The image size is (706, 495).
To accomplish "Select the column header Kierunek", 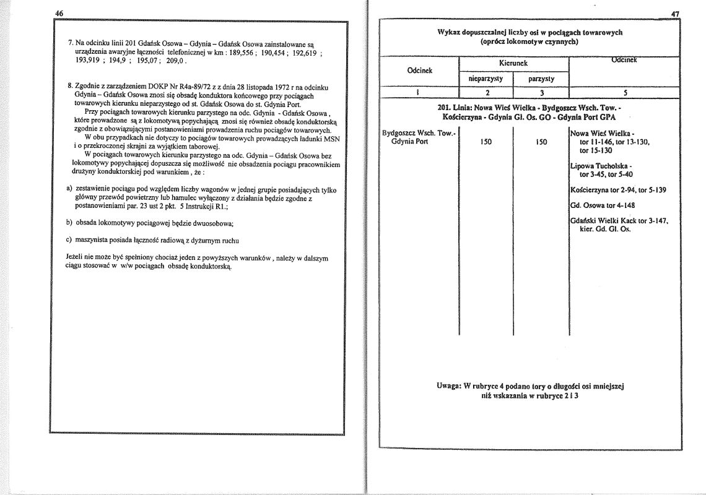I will pos(512,63).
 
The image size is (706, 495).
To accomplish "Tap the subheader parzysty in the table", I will pos(541,79).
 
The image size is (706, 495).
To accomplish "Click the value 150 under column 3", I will pos(541,142).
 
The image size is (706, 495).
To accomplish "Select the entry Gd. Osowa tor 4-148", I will pos(601,205).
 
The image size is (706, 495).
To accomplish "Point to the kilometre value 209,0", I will pos(175,62).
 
